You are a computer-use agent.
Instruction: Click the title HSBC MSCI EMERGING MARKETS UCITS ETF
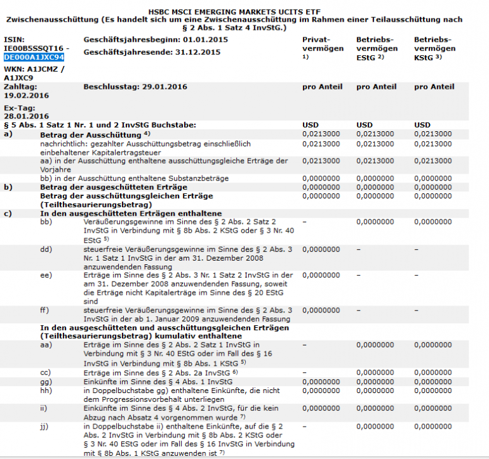click(x=244, y=11)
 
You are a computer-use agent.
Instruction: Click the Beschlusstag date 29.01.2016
click(x=161, y=86)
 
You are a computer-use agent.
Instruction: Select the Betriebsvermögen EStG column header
click(x=377, y=48)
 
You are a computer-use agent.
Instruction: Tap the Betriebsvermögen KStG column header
click(x=434, y=48)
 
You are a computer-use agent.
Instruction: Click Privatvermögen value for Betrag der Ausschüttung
click(x=321, y=134)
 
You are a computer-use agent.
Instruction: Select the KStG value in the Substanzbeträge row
click(x=434, y=178)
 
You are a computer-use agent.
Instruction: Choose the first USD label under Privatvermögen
click(x=310, y=125)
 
